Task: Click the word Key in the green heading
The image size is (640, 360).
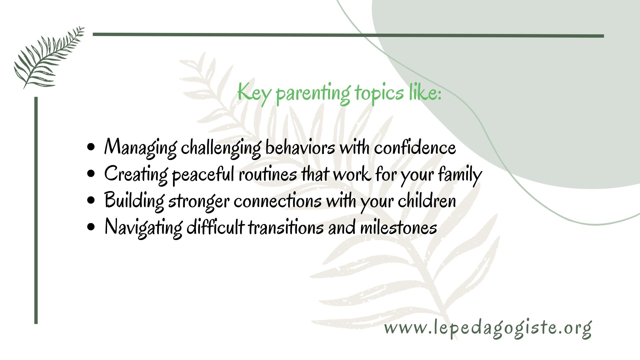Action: (254, 93)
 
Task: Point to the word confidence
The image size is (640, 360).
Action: (415, 147)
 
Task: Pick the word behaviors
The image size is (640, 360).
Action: (300, 147)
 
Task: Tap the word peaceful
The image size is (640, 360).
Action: (203, 175)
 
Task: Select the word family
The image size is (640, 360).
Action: (460, 175)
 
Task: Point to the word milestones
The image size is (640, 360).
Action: (399, 227)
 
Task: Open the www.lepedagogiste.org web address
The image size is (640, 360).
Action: (488, 329)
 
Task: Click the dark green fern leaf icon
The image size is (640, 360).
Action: (49, 57)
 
